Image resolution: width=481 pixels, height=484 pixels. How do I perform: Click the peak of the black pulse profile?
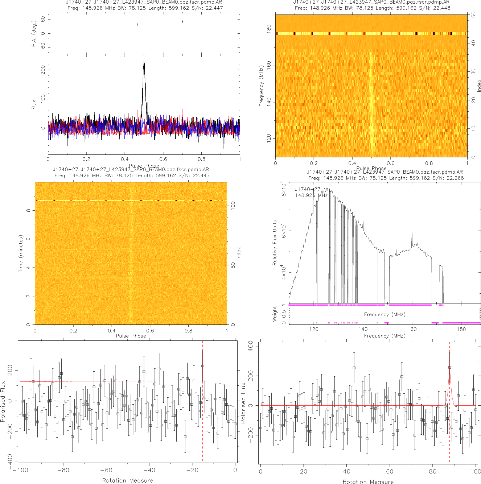pos(144,62)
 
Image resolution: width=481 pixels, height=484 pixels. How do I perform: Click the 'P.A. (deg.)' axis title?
pos(34,34)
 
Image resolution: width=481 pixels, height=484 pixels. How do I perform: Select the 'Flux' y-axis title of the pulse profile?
pos(34,105)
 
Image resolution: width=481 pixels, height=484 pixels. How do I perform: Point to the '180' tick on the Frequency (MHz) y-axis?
pos(269,29)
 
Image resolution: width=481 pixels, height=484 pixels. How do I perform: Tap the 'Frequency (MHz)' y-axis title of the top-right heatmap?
pos(261,86)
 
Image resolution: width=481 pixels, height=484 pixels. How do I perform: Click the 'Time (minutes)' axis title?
pos(21,253)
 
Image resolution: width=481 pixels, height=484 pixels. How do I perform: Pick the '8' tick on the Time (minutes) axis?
pos(28,210)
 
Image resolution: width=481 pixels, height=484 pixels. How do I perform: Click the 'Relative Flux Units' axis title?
pos(275,243)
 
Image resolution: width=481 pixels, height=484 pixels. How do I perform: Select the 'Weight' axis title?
pos(275,314)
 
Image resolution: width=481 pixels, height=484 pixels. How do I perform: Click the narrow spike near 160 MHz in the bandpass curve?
pos(412,231)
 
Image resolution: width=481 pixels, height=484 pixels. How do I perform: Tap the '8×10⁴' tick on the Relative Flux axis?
pos(284,190)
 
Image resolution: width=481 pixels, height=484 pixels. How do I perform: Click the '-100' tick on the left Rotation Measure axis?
pos(20,470)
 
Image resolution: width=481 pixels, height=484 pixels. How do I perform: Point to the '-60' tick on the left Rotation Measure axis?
pos(106,470)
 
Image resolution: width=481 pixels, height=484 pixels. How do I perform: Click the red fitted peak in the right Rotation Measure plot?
pos(449,379)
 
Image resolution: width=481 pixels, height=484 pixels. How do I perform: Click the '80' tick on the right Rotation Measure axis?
pos(433,471)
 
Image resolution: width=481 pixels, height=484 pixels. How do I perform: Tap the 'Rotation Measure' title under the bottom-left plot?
pos(128,480)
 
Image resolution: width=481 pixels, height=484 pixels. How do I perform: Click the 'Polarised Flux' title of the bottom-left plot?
pos(3,401)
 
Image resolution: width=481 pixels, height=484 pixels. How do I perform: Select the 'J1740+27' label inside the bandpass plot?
pos(308,189)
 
